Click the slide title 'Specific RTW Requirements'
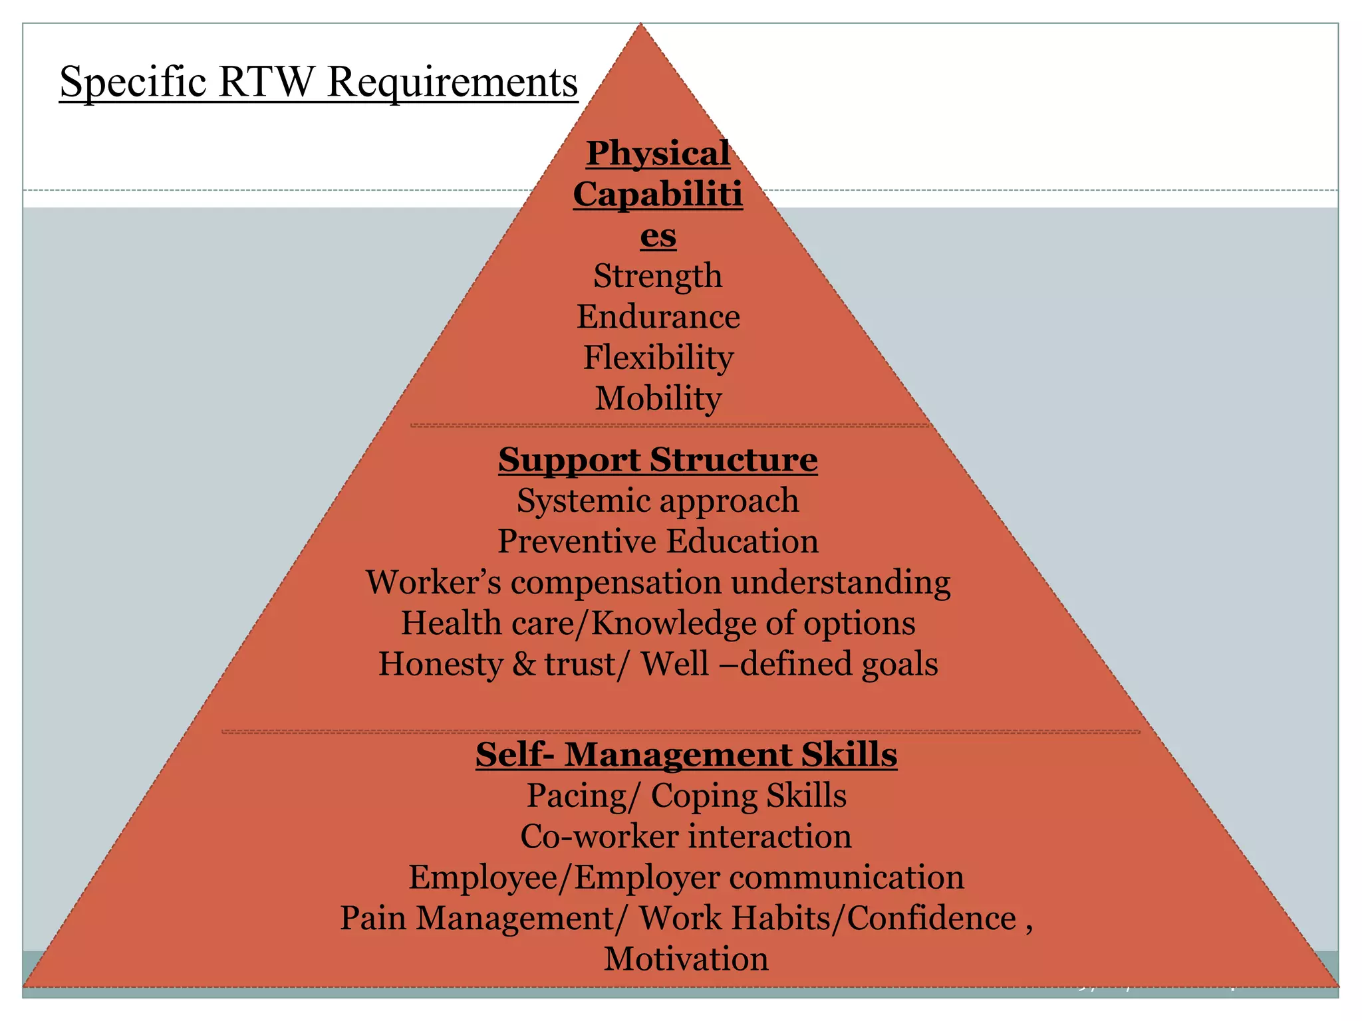(319, 82)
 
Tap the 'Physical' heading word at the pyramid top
(658, 154)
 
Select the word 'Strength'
(658, 276)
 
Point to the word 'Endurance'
(658, 317)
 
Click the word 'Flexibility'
(658, 358)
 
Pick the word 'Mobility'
(658, 399)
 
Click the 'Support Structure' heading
(658, 459)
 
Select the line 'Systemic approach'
(658, 501)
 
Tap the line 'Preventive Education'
(658, 541)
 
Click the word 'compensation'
(616, 583)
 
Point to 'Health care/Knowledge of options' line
(658, 624)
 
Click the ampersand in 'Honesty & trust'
(523, 664)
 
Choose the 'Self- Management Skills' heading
(686, 754)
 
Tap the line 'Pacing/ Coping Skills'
(686, 796)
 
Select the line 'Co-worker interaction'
(686, 836)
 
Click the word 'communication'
(847, 877)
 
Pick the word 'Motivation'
(686, 959)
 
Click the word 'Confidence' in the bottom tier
(931, 919)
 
